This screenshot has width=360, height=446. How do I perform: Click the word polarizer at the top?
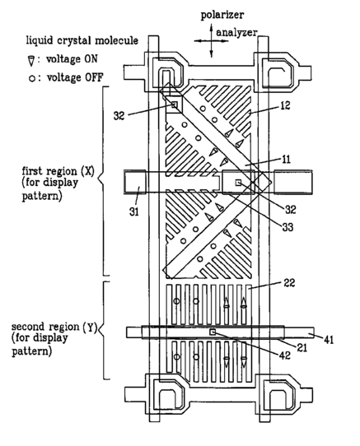(x=222, y=15)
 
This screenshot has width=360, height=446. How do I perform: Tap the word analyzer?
(x=236, y=32)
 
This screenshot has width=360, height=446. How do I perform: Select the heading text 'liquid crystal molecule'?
(x=82, y=40)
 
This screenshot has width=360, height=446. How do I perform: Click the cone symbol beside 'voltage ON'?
(x=31, y=61)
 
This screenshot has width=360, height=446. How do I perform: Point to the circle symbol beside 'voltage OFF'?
(x=31, y=78)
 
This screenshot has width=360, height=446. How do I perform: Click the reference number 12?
(x=284, y=105)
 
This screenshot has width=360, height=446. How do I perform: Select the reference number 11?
(x=286, y=160)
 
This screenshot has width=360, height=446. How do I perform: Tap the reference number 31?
(x=133, y=212)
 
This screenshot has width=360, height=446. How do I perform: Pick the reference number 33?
(x=288, y=227)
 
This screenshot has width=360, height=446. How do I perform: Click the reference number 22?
(x=289, y=283)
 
